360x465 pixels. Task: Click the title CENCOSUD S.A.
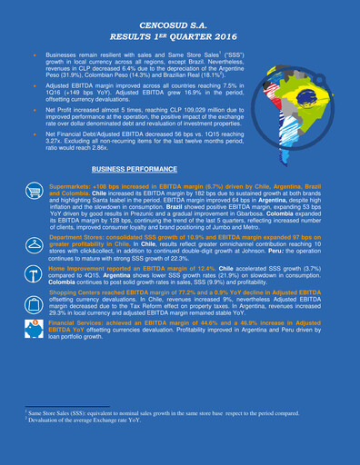click(180, 21)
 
